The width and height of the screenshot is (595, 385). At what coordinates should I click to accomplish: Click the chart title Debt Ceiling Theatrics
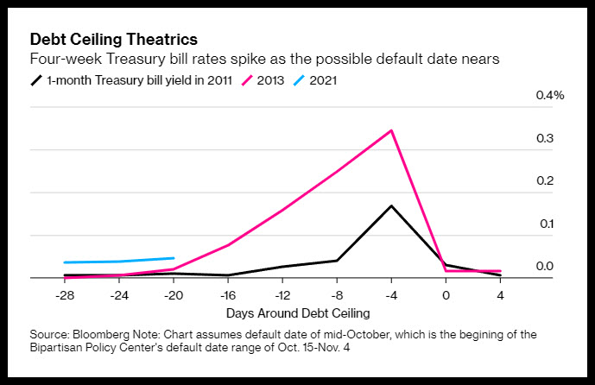click(114, 40)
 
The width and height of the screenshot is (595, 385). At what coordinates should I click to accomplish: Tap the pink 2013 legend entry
click(263, 80)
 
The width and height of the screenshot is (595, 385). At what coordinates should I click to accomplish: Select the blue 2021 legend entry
click(315, 80)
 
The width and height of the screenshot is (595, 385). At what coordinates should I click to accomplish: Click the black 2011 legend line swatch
click(36, 80)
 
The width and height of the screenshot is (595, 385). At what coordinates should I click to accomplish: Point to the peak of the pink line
click(391, 130)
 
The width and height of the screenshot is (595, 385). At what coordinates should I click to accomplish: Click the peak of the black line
click(391, 206)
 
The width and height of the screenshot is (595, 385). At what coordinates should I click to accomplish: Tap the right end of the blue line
click(174, 258)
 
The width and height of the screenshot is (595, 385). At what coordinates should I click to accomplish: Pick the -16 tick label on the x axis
click(228, 295)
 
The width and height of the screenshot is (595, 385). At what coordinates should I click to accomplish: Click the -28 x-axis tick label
click(65, 295)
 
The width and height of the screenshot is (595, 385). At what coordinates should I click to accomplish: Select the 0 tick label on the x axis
click(446, 295)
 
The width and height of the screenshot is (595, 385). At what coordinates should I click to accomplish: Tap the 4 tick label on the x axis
click(501, 295)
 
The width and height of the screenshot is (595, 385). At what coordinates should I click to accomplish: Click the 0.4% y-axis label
click(550, 95)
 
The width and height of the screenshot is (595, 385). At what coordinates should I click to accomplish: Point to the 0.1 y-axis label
click(547, 224)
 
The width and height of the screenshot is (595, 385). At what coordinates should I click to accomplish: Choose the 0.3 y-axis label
click(545, 138)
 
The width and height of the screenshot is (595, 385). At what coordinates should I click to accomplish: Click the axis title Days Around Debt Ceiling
click(298, 313)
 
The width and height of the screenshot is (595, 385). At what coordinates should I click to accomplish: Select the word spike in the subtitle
click(248, 60)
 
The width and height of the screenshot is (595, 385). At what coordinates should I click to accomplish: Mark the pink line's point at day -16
click(228, 245)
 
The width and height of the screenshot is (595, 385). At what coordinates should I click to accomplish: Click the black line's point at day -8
click(337, 260)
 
